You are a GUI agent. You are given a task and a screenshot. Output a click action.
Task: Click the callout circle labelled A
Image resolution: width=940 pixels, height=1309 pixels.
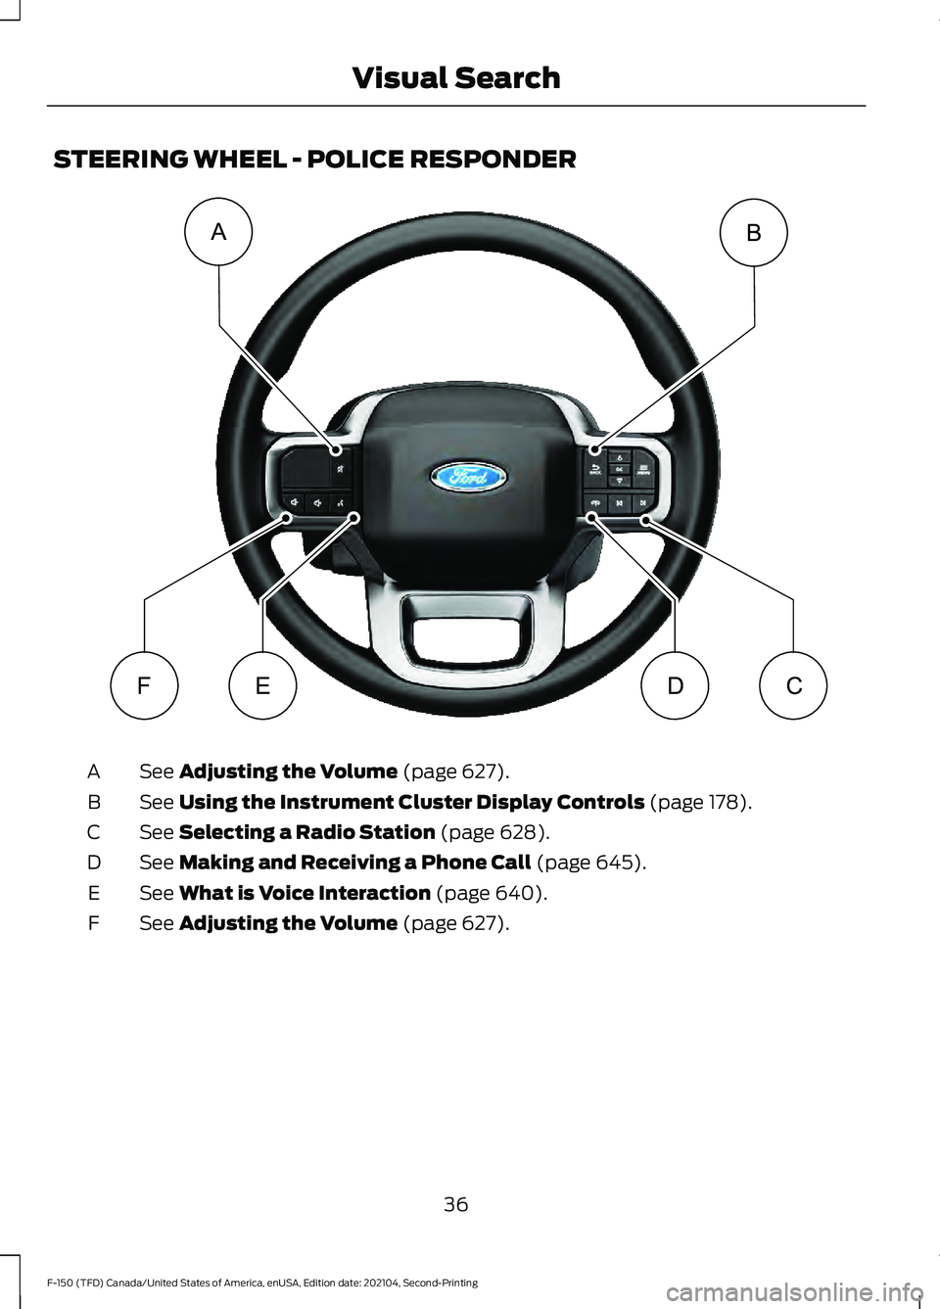tap(218, 232)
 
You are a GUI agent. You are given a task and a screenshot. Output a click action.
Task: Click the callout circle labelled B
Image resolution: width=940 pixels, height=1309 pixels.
tap(754, 233)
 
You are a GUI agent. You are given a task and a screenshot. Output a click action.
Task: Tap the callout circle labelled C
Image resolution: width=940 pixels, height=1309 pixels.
tap(793, 685)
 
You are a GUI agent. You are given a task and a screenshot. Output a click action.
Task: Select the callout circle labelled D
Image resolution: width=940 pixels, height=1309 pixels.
tap(675, 685)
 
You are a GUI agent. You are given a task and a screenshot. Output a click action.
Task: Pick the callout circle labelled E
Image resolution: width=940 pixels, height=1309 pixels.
tap(262, 685)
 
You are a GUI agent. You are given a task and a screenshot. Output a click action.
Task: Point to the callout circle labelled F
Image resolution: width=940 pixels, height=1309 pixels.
tap(144, 685)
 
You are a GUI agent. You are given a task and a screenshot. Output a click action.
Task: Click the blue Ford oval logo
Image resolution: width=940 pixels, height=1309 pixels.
tap(468, 477)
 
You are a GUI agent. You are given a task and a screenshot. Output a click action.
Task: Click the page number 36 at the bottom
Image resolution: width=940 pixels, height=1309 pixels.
tap(455, 1204)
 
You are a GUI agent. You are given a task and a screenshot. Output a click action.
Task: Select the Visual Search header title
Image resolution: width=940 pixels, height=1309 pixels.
tap(455, 77)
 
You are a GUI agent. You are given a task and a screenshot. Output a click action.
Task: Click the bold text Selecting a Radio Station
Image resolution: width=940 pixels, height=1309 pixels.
tap(306, 832)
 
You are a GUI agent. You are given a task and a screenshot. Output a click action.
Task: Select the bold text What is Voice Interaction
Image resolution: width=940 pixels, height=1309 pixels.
tap(305, 893)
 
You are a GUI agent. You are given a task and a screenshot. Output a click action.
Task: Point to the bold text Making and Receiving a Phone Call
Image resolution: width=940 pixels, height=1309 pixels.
tap(354, 863)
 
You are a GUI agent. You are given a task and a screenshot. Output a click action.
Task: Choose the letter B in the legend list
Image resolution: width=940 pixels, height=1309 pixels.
tap(94, 802)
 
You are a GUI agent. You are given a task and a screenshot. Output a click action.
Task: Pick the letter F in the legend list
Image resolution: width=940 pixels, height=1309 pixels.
tap(94, 923)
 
